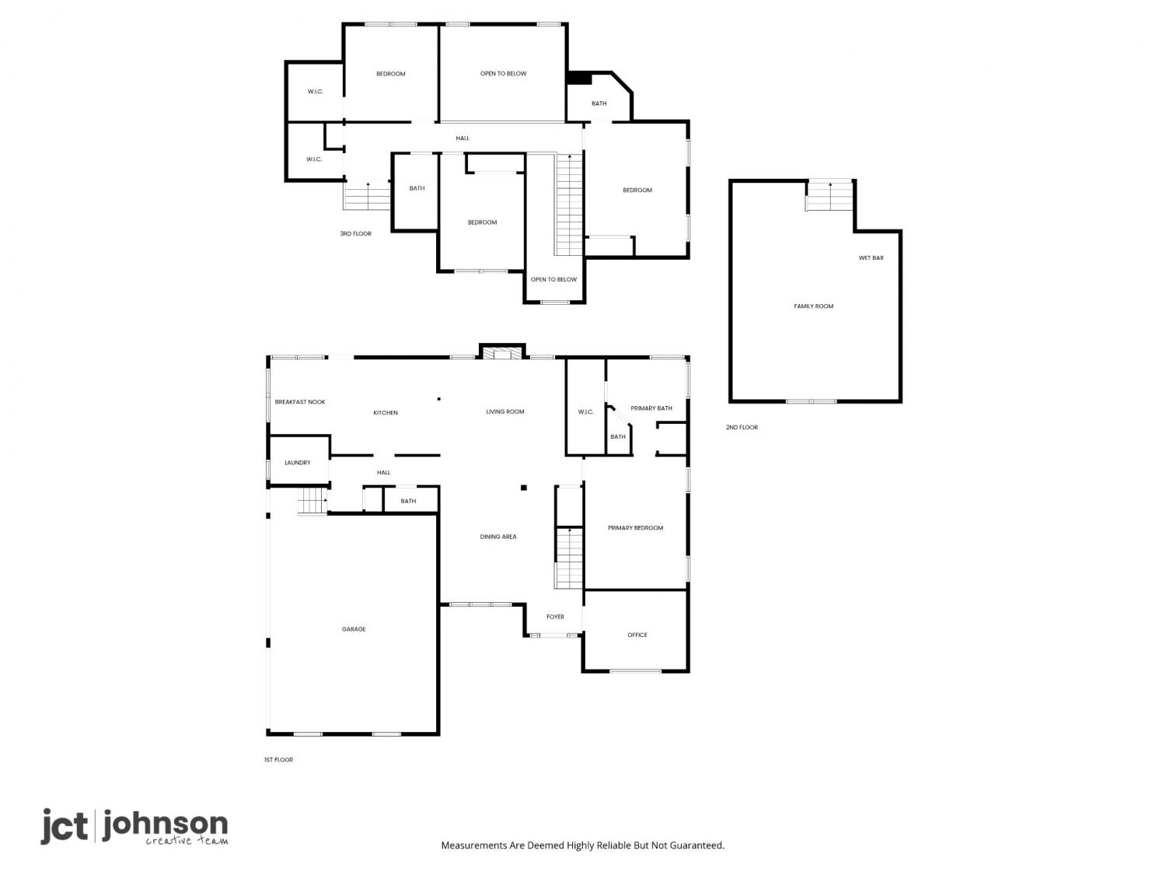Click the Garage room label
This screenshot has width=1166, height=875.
(353, 629)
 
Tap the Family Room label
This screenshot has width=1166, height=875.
(813, 306)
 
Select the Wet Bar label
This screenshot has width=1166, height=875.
(871, 257)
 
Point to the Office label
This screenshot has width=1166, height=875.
(637, 635)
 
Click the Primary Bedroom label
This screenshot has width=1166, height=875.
(635, 527)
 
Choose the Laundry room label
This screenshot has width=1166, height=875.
(297, 463)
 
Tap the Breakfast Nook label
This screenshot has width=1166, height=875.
(299, 401)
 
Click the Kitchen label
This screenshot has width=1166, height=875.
(385, 412)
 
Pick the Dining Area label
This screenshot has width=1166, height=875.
(497, 537)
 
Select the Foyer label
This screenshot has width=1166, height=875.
(555, 617)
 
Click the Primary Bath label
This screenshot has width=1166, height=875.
(651, 408)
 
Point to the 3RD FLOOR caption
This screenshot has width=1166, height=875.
(355, 234)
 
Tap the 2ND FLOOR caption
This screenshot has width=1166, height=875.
(742, 427)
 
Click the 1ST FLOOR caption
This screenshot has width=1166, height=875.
(278, 760)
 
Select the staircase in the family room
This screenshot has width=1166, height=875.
(829, 196)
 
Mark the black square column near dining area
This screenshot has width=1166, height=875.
(523, 488)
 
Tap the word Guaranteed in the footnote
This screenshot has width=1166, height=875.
(696, 845)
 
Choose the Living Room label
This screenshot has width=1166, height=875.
(504, 411)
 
